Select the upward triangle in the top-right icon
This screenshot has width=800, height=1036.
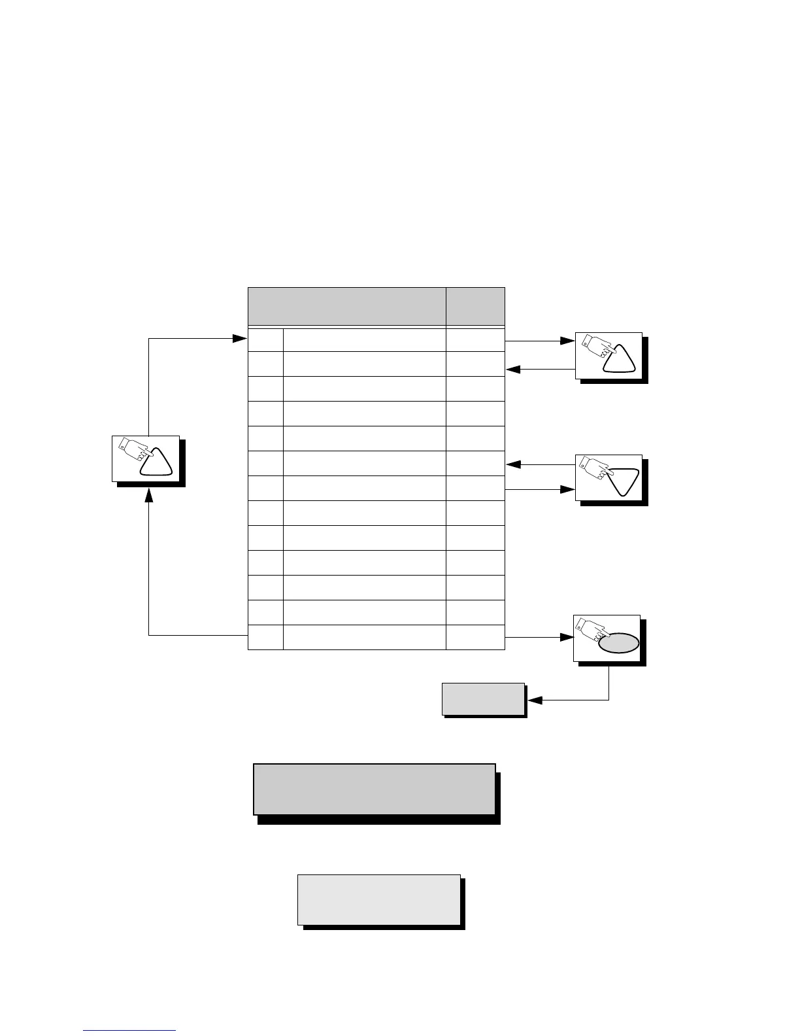(x=618, y=359)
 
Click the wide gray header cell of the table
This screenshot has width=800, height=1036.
(x=347, y=305)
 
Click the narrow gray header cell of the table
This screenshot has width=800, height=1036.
(x=475, y=305)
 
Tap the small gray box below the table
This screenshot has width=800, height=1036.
(x=483, y=699)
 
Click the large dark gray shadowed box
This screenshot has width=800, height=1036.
(x=374, y=789)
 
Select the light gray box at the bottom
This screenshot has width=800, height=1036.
(x=379, y=900)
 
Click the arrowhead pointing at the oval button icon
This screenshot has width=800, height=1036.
(x=567, y=636)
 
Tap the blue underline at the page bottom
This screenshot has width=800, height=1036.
(x=129, y=1030)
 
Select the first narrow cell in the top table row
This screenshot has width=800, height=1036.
(x=265, y=340)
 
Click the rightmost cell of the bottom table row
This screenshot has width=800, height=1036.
(x=475, y=637)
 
